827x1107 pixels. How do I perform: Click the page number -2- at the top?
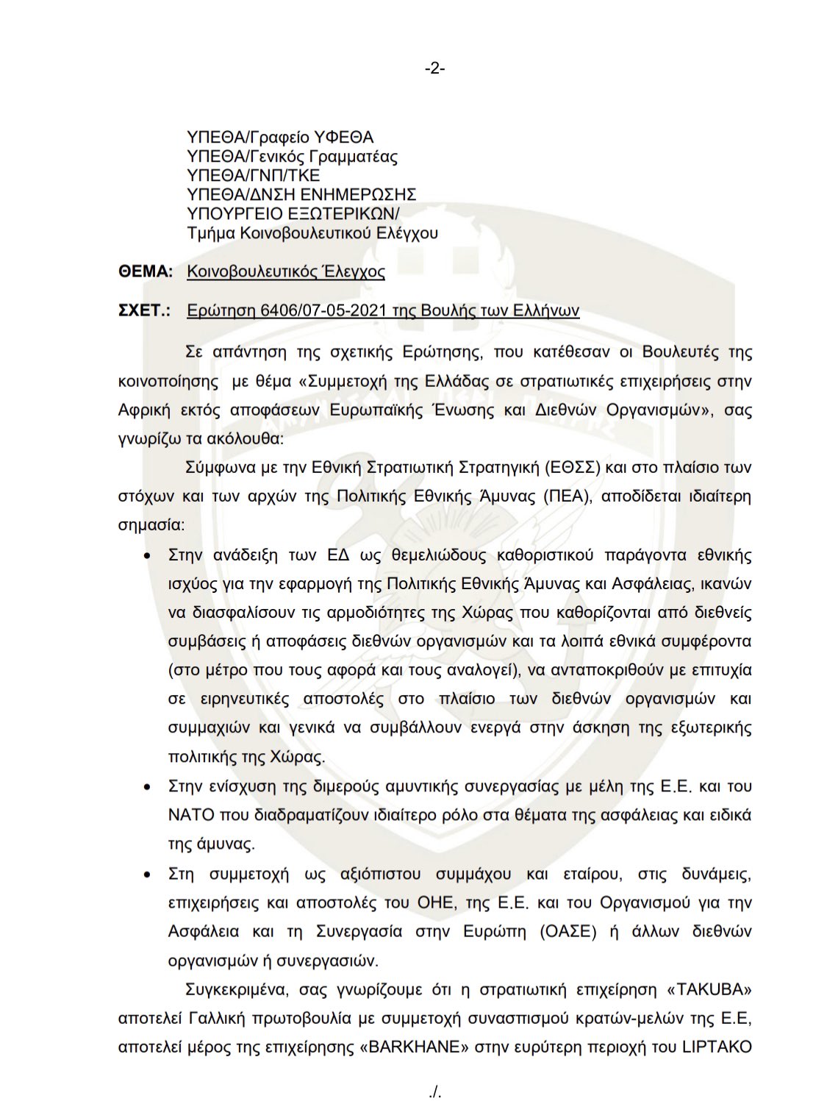click(x=434, y=68)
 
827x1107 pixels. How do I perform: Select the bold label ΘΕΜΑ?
click(x=146, y=271)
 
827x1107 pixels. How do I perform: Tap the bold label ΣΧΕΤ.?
click(x=144, y=310)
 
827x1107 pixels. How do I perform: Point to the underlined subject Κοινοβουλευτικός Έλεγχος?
click(x=285, y=271)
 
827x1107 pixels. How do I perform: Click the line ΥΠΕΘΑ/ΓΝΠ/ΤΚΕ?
click(x=254, y=176)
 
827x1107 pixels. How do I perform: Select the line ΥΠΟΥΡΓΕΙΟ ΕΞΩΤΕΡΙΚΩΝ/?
click(x=293, y=214)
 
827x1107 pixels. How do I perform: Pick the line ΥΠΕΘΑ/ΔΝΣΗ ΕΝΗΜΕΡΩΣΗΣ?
click(x=301, y=195)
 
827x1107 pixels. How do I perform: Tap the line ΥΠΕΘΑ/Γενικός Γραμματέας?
click(x=292, y=157)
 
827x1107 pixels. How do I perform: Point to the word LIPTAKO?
click(x=717, y=1047)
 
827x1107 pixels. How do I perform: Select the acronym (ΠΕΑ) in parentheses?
click(x=568, y=496)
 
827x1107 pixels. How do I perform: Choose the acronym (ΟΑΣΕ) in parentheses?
click(x=566, y=931)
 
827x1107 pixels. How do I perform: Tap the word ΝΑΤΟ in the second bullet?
click(x=191, y=816)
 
